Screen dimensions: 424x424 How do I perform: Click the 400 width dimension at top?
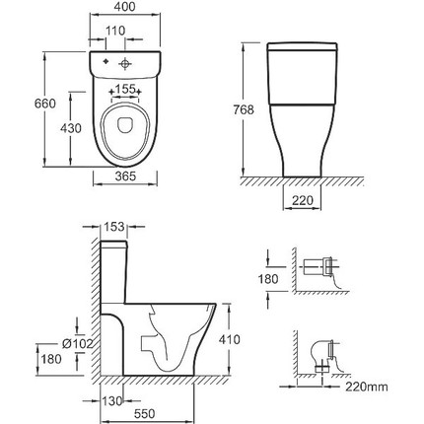[125, 7]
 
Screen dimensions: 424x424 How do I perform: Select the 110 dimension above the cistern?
[115, 31]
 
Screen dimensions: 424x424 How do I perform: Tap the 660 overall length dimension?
[45, 104]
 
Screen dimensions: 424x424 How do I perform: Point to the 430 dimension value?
[71, 128]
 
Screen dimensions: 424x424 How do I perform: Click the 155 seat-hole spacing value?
[125, 89]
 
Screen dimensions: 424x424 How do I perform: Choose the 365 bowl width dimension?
[125, 177]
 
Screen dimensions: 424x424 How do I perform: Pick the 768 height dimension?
[244, 109]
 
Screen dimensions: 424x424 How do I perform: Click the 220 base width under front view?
[303, 200]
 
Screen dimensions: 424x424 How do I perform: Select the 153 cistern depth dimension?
[114, 227]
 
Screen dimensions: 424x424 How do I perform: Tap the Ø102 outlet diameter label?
[77, 344]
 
